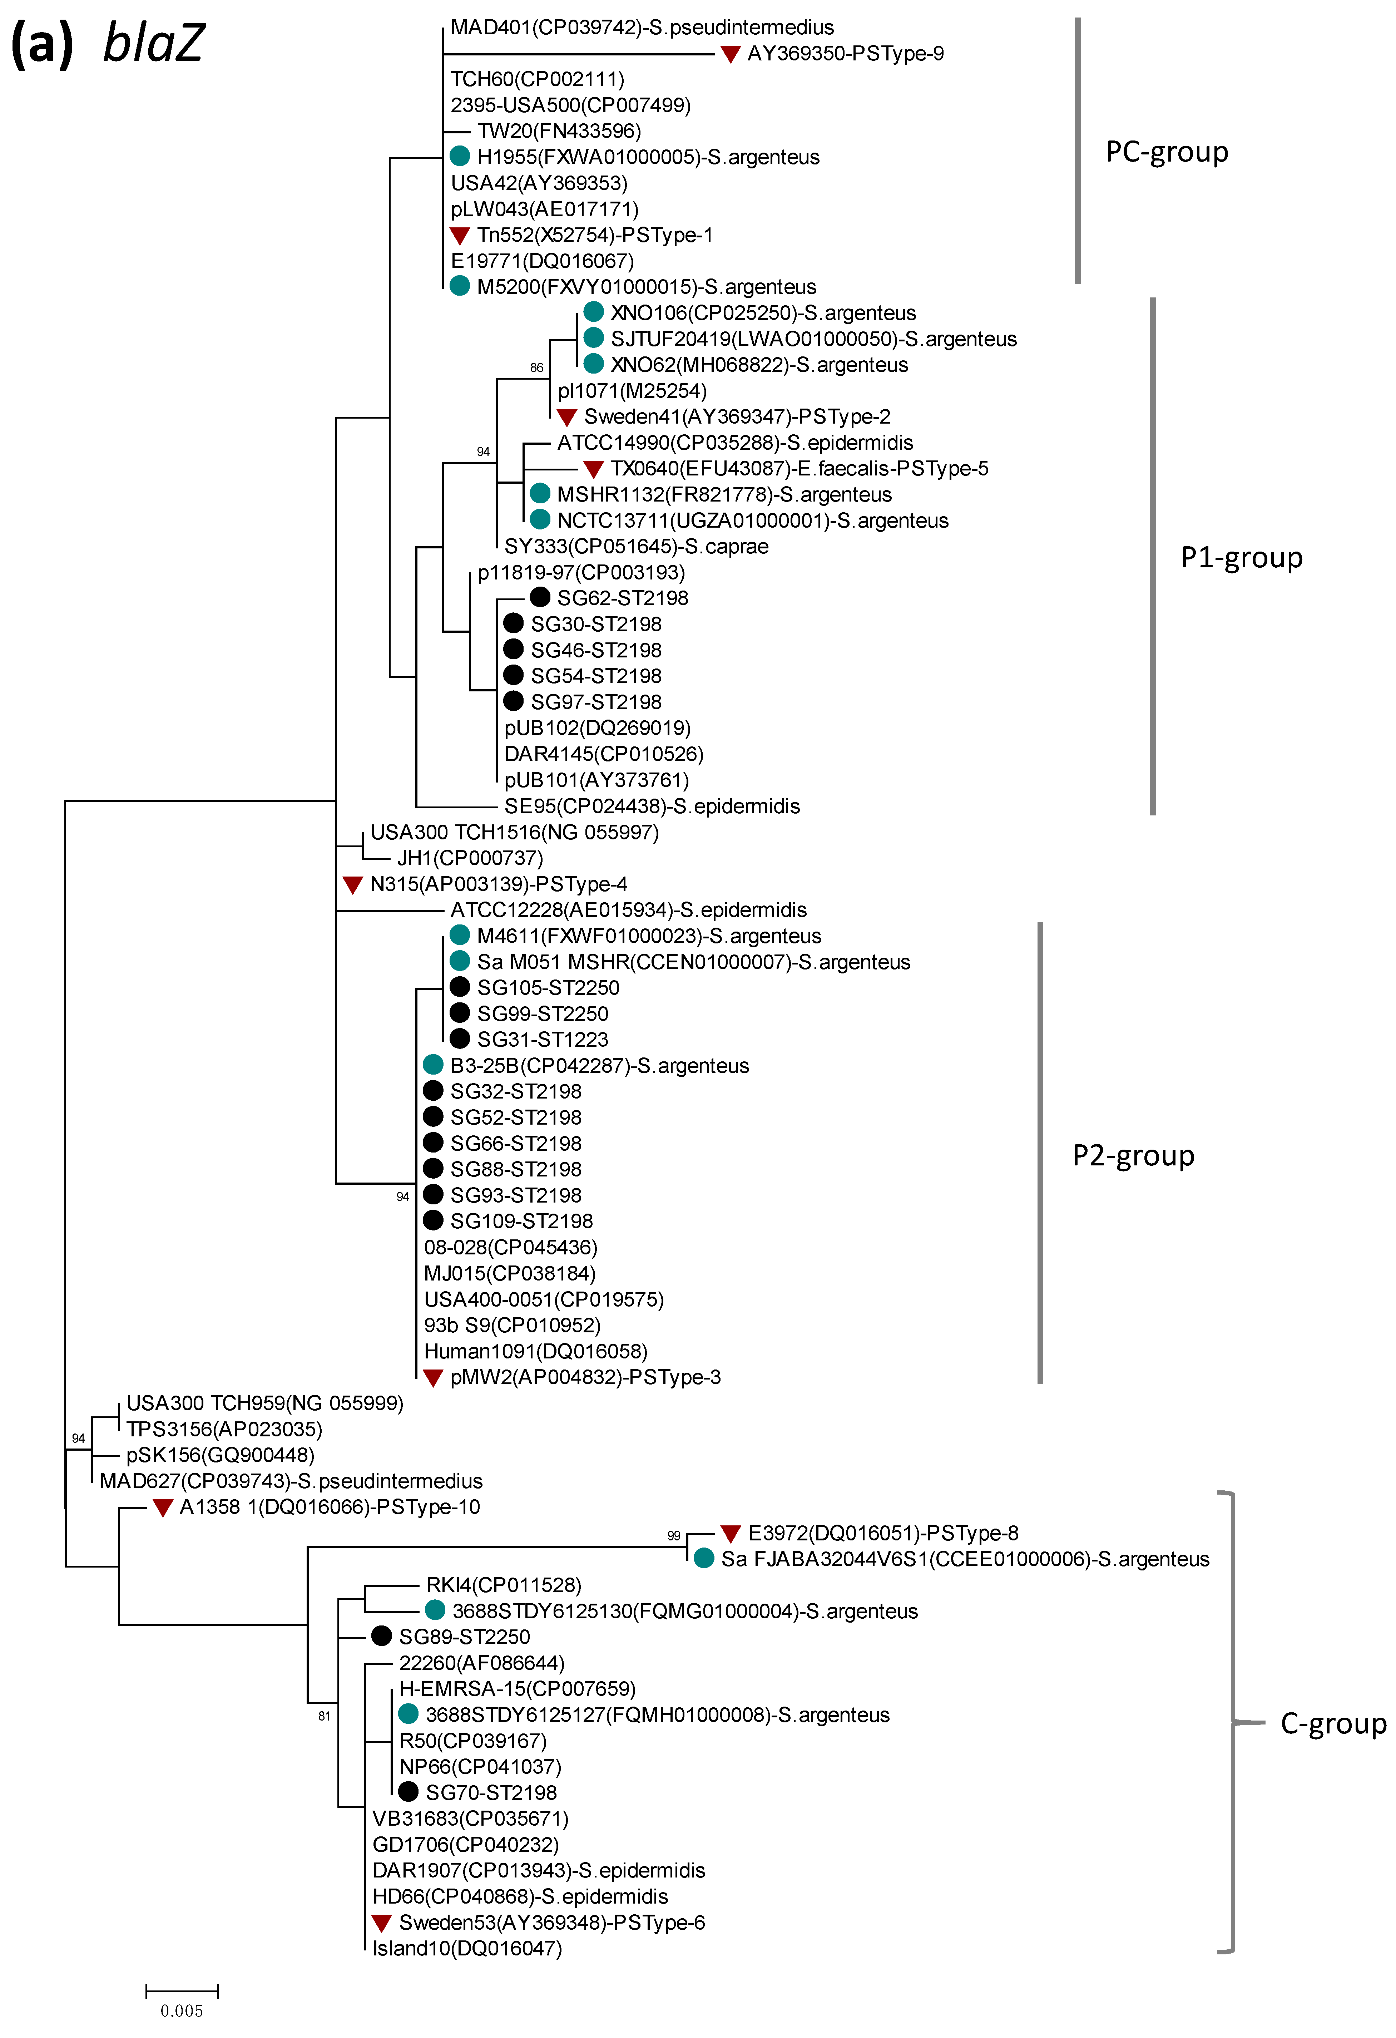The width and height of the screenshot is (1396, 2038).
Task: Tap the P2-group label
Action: (x=1133, y=1156)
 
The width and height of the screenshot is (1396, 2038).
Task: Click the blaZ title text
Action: (x=153, y=42)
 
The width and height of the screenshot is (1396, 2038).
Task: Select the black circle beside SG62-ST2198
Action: (x=540, y=597)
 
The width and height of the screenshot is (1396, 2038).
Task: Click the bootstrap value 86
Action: (x=537, y=367)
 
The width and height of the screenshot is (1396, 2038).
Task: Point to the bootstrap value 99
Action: (x=673, y=1535)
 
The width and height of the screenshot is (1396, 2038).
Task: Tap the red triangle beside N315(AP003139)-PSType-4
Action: (x=352, y=885)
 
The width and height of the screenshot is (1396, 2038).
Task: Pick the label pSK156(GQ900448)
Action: (x=220, y=1455)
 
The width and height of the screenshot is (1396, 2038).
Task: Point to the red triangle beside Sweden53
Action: (x=381, y=1923)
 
